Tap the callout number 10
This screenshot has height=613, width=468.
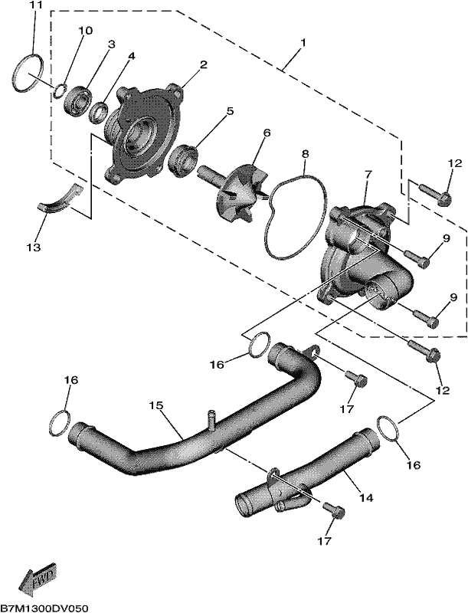[86, 31]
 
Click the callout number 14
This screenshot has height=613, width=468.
[366, 497]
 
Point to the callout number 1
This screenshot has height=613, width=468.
[303, 42]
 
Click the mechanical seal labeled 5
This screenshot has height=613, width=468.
[183, 159]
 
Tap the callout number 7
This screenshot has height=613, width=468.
[368, 173]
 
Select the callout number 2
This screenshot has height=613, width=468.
[204, 64]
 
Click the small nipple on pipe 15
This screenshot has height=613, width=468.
[211, 418]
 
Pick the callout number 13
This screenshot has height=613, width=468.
[34, 247]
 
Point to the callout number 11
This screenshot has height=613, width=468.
[34, 6]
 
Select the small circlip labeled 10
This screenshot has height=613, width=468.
[60, 90]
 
